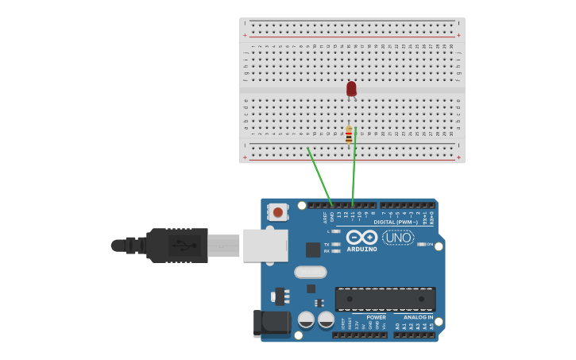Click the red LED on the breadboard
tap(351, 88)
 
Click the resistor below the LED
tap(349, 134)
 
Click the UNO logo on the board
tap(398, 237)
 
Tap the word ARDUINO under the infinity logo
tap(361, 250)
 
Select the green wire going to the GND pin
tap(320, 176)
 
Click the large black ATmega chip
tap(385, 299)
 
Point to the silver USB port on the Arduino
tap(265, 246)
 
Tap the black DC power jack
tap(273, 322)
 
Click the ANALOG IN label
tap(418, 317)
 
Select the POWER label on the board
tap(376, 317)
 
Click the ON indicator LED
tap(420, 244)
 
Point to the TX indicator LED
tap(335, 244)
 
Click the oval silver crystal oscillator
tap(310, 272)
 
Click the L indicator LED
tap(335, 231)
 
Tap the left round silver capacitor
tap(306, 319)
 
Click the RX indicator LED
tap(335, 251)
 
